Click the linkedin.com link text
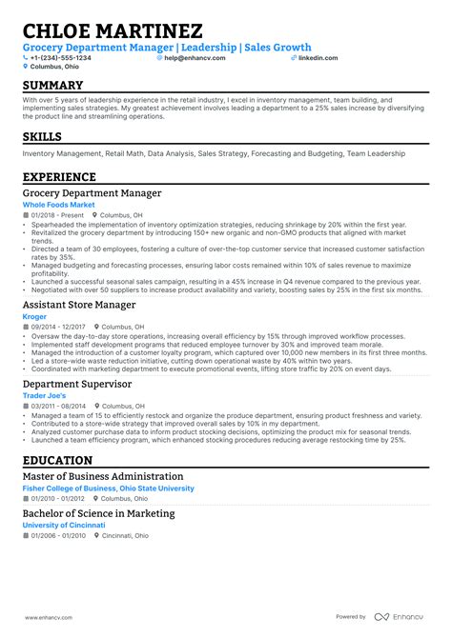pyautogui.click(x=318, y=58)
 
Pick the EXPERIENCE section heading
pyautogui.click(x=64, y=176)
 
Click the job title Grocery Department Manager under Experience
pyautogui.click(x=92, y=193)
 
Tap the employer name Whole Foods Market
pyautogui.click(x=59, y=205)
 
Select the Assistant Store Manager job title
pyautogui.click(x=79, y=305)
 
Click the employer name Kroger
pyautogui.click(x=34, y=316)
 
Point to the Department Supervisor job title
pyautogui.click(x=76, y=384)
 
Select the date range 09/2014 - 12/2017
pyautogui.click(x=56, y=326)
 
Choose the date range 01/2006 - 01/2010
pyautogui.click(x=56, y=535)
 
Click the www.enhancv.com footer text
pyautogui.click(x=51, y=616)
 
